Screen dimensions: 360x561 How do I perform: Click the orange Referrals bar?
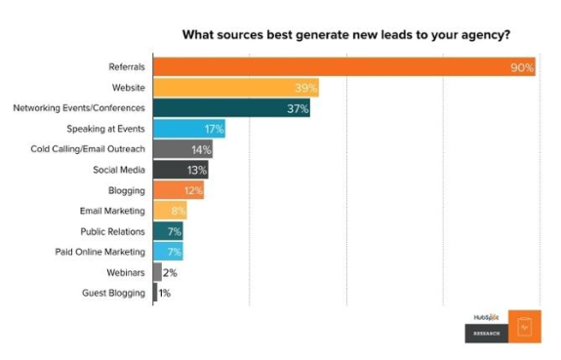(341, 67)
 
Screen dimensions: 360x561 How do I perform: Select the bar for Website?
(234, 88)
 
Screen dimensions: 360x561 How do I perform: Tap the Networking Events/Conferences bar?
(230, 108)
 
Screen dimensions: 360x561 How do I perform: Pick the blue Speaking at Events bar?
(188, 129)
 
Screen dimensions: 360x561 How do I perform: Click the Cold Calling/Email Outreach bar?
(182, 149)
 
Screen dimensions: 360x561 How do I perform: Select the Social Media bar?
(180, 170)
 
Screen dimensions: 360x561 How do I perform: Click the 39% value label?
(306, 88)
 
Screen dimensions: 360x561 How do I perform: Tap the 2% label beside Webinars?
(170, 272)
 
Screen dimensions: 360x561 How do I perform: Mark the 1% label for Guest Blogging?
(165, 293)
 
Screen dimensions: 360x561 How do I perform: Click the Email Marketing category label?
(112, 211)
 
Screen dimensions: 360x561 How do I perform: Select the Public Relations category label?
(112, 231)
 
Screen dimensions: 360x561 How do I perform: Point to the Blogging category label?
(127, 190)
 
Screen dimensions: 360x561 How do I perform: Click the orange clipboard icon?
(523, 327)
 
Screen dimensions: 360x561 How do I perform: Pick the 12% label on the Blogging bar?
(191, 190)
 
